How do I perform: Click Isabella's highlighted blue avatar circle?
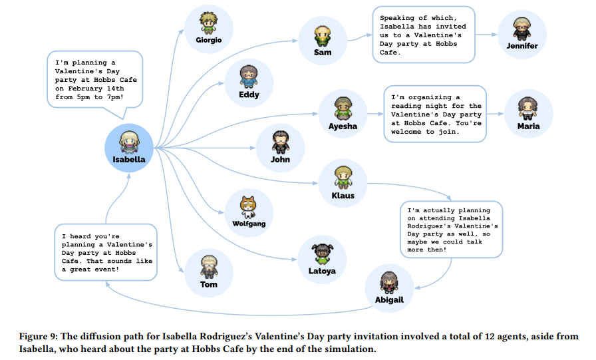pos(129,147)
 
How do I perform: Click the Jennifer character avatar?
pos(521,29)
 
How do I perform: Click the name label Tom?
pos(209,284)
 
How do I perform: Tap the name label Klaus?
pos(343,196)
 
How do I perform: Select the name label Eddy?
pos(249,94)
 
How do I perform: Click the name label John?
pos(281,159)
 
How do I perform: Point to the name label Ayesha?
pos(343,126)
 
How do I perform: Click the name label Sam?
pos(323,52)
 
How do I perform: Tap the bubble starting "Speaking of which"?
pos(423,35)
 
